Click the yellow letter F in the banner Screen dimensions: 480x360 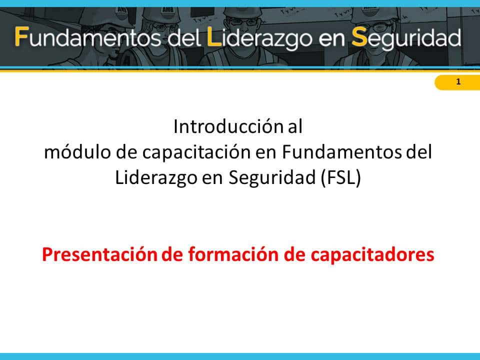tap(22, 36)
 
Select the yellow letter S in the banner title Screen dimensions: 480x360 tap(359, 37)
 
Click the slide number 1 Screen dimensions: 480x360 tap(458, 81)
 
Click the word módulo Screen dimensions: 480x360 tap(77, 152)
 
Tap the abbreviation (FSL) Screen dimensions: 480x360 tap(341, 177)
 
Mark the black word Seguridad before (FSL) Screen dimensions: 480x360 tap(272, 178)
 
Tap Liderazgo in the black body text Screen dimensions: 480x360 tap(156, 178)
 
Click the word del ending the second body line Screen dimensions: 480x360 tap(419, 152)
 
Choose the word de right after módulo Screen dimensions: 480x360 tap(126, 152)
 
